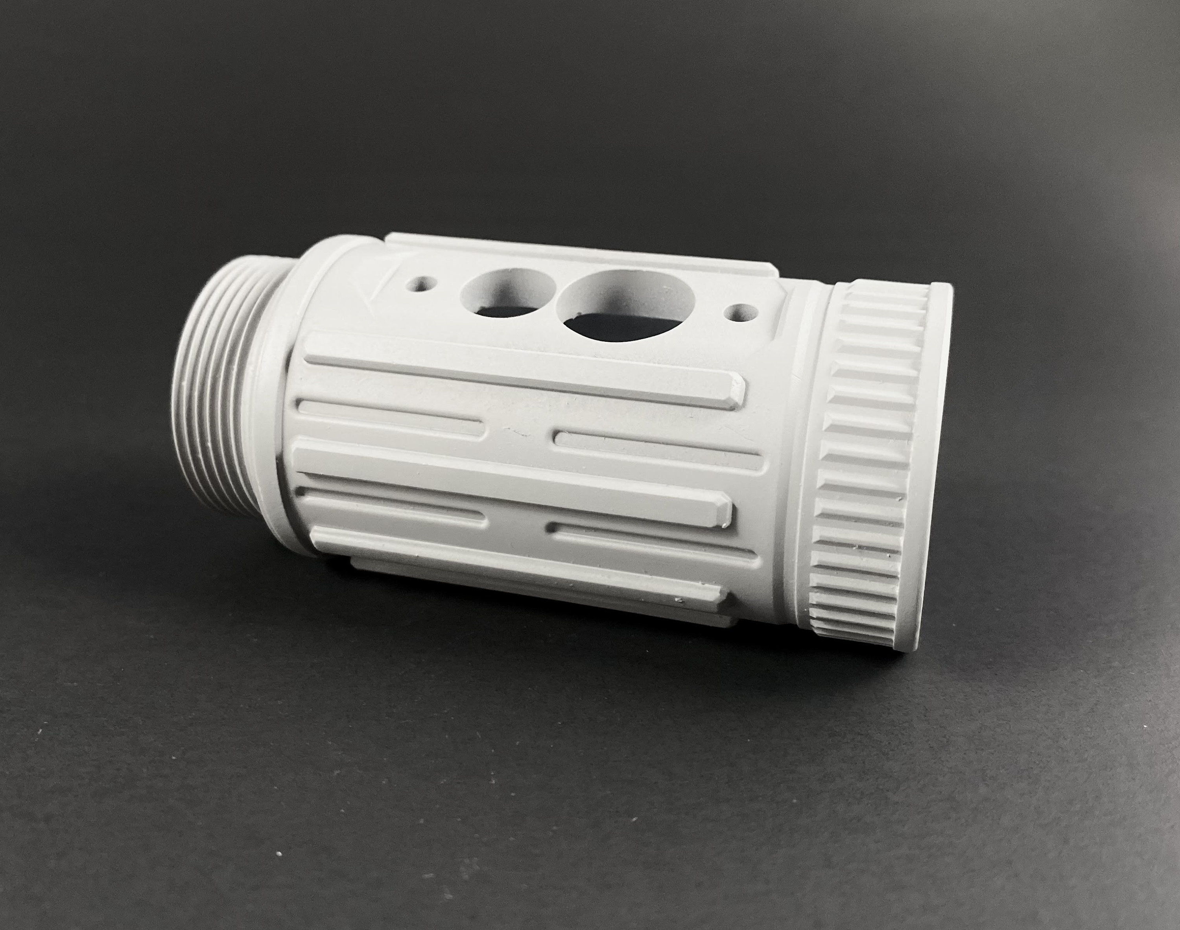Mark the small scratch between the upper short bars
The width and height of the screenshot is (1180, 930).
pos(514,433)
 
